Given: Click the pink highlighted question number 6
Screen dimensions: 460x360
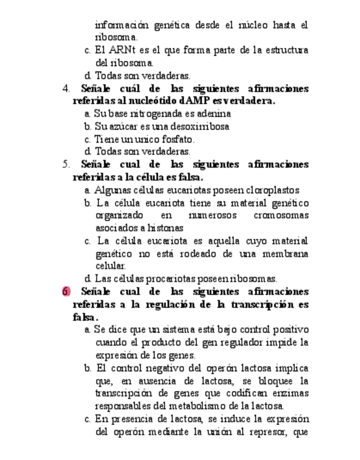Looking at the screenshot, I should click(x=66, y=291).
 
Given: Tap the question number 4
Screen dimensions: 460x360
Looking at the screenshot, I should click(x=66, y=88).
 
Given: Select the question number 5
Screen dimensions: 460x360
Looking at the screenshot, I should click(x=66, y=164).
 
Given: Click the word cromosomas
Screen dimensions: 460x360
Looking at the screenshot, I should click(x=281, y=215).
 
